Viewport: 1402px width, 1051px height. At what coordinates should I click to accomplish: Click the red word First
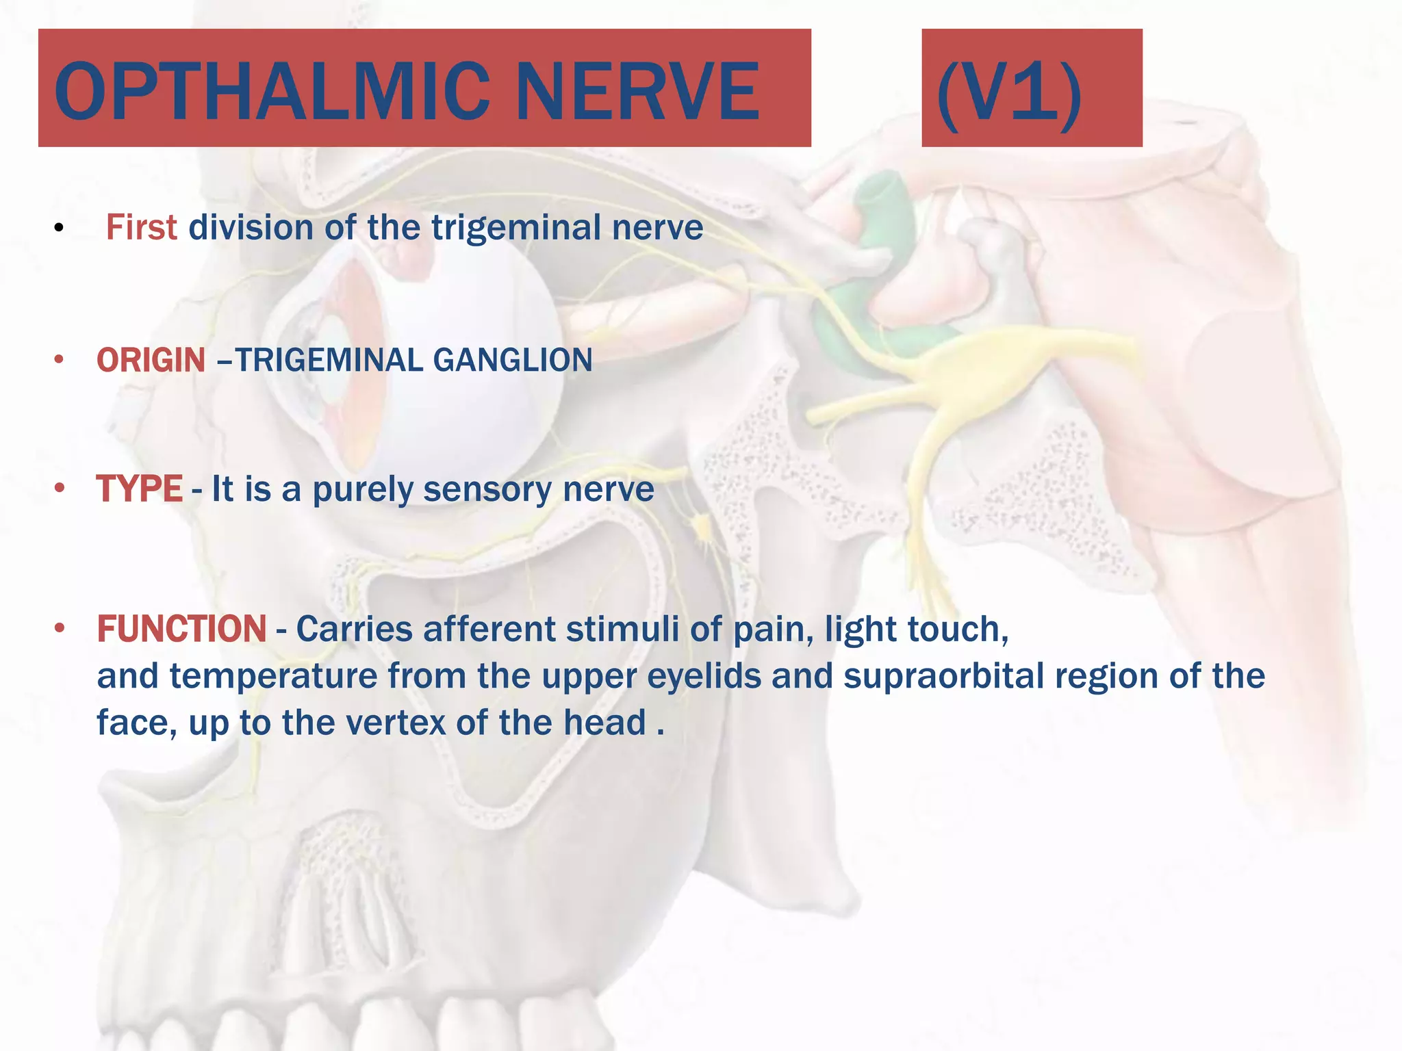(141, 228)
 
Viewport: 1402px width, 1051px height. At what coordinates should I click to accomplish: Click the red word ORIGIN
(151, 361)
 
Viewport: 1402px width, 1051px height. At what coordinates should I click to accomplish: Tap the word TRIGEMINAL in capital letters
(329, 361)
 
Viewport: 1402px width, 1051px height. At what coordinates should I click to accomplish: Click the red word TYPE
(139, 489)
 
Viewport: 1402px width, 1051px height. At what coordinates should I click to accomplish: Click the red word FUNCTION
(181, 630)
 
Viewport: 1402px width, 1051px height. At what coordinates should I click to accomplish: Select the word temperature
(274, 677)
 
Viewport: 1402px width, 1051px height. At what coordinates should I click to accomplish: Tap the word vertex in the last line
(396, 723)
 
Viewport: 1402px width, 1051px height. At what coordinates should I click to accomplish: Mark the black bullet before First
(59, 229)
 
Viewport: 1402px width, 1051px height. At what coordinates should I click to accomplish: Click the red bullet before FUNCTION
(60, 628)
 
